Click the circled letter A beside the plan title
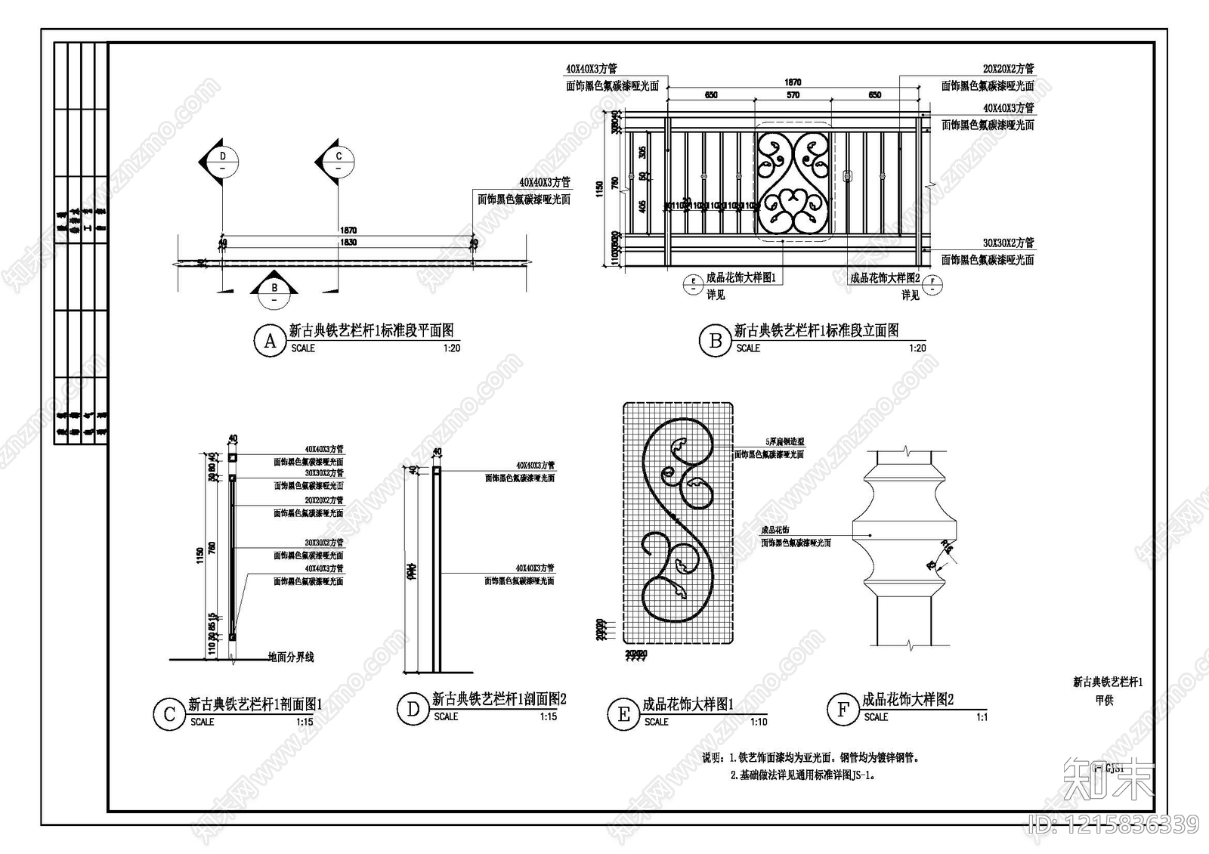(x=270, y=341)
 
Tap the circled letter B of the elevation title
(x=715, y=341)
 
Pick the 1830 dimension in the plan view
(x=348, y=242)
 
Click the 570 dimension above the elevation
(x=792, y=95)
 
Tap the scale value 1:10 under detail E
(x=759, y=722)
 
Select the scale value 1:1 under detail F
(x=982, y=716)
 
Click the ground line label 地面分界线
(x=291, y=658)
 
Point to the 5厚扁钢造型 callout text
(x=784, y=442)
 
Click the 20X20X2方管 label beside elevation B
(x=1008, y=69)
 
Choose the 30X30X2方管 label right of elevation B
(x=1008, y=243)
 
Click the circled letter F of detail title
(x=843, y=709)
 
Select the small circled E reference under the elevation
(x=693, y=284)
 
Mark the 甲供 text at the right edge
(x=1104, y=701)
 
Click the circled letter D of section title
(x=413, y=709)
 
